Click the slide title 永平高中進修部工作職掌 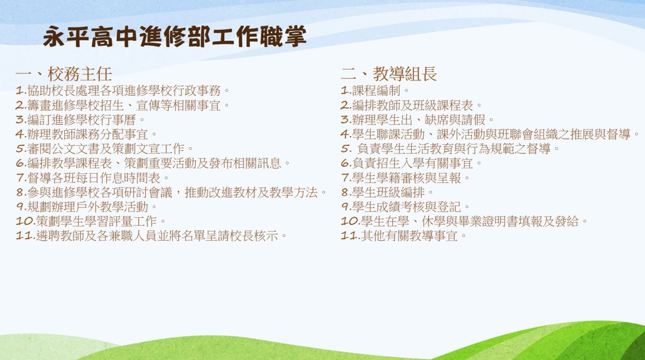(x=174, y=37)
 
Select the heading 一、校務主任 (x=64, y=74)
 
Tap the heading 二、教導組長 (x=389, y=74)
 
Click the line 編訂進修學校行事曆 (x=81, y=120)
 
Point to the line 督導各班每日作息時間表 (x=92, y=178)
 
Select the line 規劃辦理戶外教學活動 (x=86, y=207)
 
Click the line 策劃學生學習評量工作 (x=91, y=221)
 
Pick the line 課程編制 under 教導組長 (x=375, y=91)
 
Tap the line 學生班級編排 (x=388, y=192)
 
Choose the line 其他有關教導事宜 (x=404, y=236)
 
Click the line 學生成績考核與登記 (x=405, y=207)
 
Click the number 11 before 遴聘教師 (x=25, y=236)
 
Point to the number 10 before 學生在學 (x=350, y=221)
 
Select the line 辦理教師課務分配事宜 (x=86, y=134)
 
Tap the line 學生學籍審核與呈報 (x=405, y=178)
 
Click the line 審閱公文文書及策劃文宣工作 (x=105, y=149)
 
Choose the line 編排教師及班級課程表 (x=411, y=106)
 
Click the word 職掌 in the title (x=283, y=37)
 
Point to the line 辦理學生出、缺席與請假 (x=418, y=120)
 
